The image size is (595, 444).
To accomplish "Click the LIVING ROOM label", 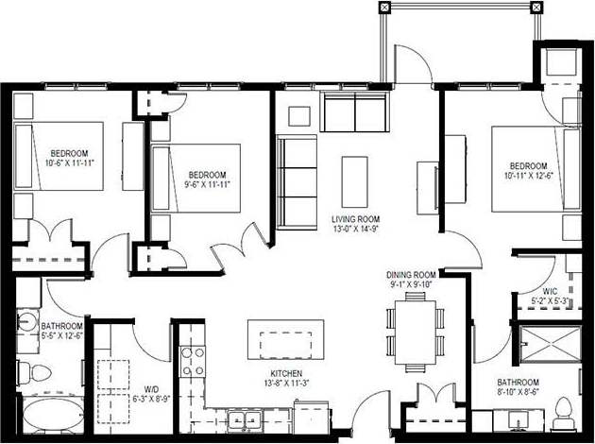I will point(354,219).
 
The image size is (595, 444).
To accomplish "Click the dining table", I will point(416,331).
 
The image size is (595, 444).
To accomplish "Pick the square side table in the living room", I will point(299,115).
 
